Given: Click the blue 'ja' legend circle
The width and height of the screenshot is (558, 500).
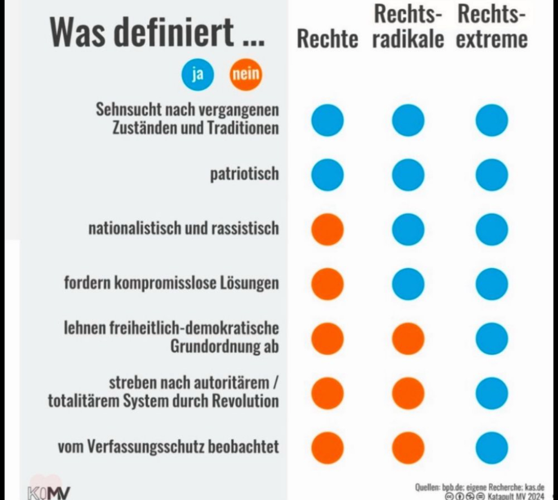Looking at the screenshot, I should click(198, 74).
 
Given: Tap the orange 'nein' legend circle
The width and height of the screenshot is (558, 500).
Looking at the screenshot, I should click(246, 74).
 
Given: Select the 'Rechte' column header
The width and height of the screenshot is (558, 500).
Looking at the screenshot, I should click(327, 39).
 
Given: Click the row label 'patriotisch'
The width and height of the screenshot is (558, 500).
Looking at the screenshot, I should click(244, 174).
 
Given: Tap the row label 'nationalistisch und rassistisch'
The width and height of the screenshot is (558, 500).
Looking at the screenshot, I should click(184, 228).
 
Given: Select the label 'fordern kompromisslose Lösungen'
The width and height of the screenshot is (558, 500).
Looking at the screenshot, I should click(171, 283).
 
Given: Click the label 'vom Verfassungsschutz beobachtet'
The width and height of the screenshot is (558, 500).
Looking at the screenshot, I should click(168, 447).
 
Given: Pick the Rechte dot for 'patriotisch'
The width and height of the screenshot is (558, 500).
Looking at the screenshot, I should click(328, 175).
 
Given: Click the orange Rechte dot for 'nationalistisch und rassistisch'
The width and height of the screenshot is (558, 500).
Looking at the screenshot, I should click(328, 229).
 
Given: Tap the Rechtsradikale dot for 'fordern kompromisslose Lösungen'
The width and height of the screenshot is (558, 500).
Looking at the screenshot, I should click(408, 284).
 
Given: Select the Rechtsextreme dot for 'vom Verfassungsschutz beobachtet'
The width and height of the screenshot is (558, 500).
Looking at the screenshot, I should click(491, 448).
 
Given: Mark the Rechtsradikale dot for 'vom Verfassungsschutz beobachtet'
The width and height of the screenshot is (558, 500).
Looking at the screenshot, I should click(408, 448).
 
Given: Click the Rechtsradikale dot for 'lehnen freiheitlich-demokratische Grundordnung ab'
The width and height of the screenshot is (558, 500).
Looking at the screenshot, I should click(408, 339).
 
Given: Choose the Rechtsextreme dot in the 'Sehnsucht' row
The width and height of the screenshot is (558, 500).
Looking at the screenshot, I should click(491, 120).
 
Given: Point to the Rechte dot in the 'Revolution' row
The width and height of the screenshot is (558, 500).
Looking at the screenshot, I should click(328, 393).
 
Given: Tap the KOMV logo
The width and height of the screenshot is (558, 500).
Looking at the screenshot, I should click(49, 492).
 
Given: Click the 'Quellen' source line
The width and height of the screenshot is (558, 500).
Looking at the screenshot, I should click(479, 487).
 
